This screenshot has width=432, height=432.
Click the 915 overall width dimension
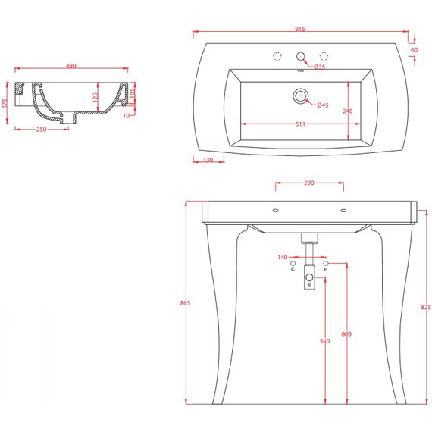[x=300, y=29]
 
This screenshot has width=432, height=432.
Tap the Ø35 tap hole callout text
[x=320, y=67]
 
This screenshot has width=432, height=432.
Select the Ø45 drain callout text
[x=323, y=105]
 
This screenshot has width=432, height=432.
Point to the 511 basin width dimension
[x=300, y=124]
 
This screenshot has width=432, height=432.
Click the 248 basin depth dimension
[x=348, y=111]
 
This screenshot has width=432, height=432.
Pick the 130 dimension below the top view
[x=208, y=160]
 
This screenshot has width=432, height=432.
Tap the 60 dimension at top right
[x=414, y=50]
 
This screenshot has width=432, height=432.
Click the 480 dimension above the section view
[x=71, y=66]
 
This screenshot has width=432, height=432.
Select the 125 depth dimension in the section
[x=95, y=98]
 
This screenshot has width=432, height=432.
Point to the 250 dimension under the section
[x=42, y=129]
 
